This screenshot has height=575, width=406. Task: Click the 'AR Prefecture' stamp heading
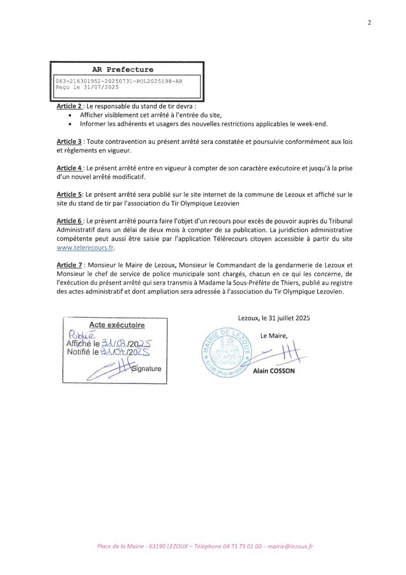point(122,69)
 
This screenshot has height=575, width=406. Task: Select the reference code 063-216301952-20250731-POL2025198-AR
point(119,80)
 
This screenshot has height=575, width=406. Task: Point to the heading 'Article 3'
point(69,142)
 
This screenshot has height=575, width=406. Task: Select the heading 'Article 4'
point(69,168)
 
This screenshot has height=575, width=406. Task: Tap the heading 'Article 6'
point(69,221)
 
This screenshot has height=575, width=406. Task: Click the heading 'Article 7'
point(69,265)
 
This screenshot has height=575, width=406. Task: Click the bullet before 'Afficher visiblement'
point(71,116)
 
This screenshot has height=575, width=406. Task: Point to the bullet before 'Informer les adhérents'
point(71,124)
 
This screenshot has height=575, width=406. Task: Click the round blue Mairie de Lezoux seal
point(228,354)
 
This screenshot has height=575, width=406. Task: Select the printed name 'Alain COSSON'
point(277,371)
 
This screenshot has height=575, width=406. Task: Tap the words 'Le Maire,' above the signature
point(274,335)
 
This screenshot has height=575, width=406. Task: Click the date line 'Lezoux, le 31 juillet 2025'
point(274,318)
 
